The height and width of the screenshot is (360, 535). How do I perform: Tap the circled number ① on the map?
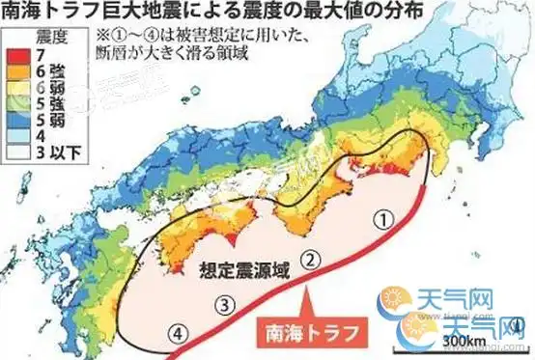pos(384,221)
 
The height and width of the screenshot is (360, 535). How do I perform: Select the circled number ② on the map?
pos(310,259)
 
